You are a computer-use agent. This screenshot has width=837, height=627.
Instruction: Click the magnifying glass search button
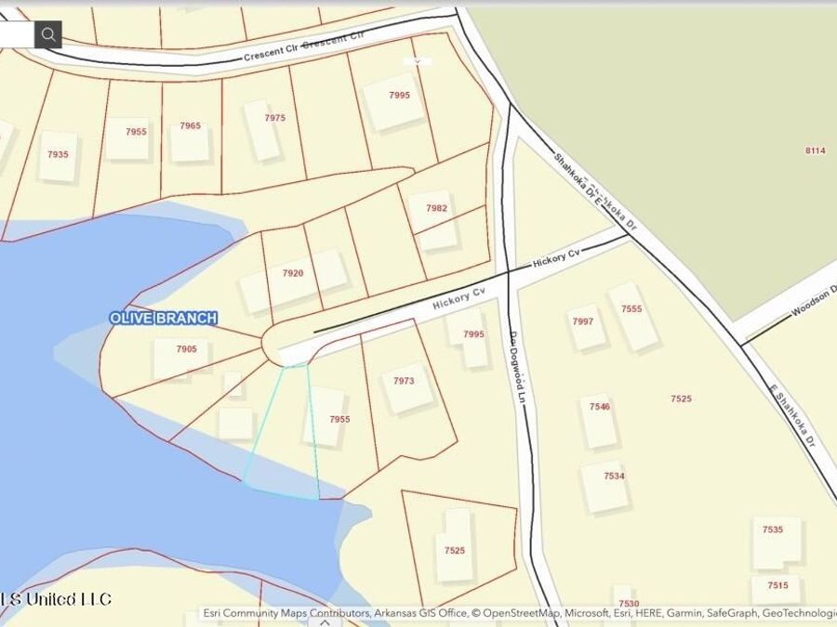tap(48, 34)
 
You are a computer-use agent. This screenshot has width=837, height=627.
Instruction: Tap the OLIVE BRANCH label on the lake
tap(164, 318)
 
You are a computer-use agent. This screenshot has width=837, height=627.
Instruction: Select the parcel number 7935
tap(58, 154)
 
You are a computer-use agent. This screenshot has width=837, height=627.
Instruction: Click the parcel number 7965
tap(190, 125)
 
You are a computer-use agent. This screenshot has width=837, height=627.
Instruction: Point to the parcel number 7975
tap(274, 118)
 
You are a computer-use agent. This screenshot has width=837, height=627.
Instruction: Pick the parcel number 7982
tap(436, 208)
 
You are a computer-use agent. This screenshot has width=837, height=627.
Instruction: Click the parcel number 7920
tap(293, 273)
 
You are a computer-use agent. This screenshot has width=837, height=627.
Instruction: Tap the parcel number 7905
tap(186, 349)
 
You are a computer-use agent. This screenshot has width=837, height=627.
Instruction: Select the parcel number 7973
tap(404, 381)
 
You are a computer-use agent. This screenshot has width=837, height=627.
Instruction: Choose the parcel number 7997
tap(582, 321)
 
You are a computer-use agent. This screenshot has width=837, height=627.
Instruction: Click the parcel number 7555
tap(631, 308)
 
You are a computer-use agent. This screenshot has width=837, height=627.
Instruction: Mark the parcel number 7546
tap(600, 407)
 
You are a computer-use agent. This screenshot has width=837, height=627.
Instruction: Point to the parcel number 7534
tap(614, 476)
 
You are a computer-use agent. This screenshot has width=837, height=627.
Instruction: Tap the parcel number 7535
tap(773, 529)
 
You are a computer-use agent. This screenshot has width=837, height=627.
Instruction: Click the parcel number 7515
tap(777, 585)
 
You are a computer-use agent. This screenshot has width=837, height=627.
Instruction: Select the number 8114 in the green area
tap(816, 150)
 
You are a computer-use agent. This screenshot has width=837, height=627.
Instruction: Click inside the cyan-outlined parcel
tap(283, 437)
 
